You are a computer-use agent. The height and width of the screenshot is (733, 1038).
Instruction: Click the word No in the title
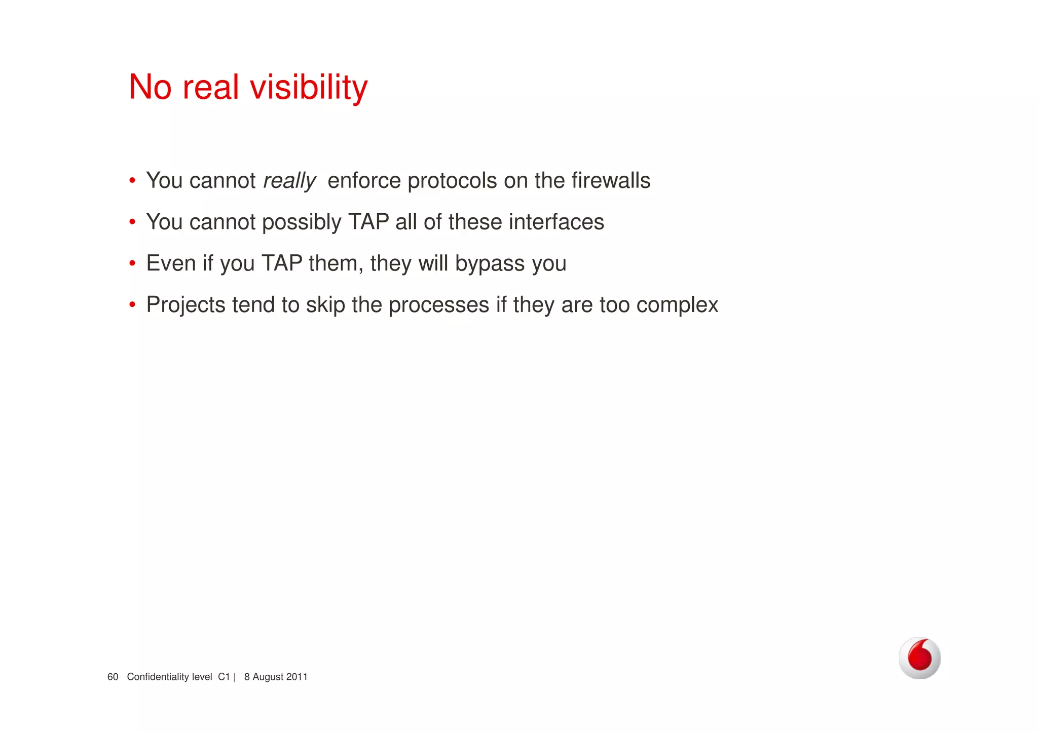coord(150,87)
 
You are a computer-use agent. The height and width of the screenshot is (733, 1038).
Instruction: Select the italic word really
coord(289,181)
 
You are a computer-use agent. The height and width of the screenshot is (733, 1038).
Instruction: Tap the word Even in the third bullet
coord(171,264)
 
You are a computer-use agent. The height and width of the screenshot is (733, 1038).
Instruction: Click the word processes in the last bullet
coord(438,305)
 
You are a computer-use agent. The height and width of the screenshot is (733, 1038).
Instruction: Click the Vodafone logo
coord(919,658)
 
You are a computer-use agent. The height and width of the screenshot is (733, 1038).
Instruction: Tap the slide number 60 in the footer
coord(113,677)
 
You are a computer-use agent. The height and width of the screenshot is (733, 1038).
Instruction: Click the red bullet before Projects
coord(132,305)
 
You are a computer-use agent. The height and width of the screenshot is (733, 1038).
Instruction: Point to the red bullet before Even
coord(132,263)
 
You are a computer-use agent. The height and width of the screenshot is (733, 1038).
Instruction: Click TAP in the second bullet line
coord(368,222)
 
